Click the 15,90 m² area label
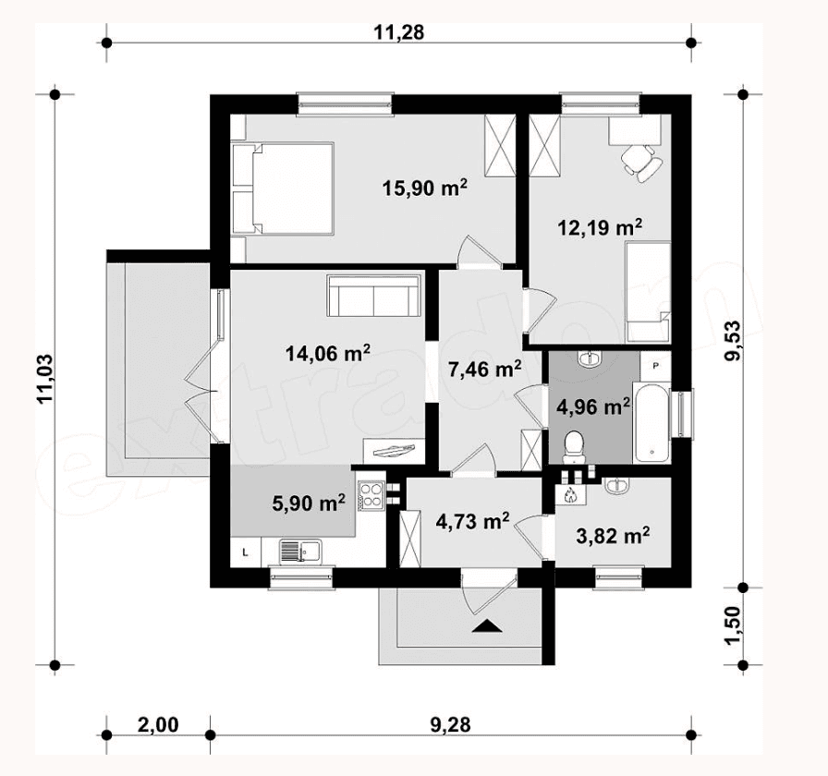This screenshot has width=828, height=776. [424, 188]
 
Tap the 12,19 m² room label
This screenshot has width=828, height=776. [600, 227]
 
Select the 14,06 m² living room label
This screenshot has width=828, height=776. [327, 353]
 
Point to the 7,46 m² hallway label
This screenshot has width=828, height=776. [485, 369]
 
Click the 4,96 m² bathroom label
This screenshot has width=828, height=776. [593, 406]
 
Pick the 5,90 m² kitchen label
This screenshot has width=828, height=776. [309, 503]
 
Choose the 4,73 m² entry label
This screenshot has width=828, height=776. [472, 521]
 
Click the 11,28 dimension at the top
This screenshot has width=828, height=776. [398, 32]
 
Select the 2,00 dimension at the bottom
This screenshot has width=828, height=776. [158, 724]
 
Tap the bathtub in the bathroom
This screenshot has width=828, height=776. [651, 422]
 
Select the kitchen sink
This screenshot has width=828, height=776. [300, 552]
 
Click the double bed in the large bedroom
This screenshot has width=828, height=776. [283, 188]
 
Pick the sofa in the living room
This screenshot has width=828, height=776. [374, 295]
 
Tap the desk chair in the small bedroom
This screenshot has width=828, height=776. [640, 161]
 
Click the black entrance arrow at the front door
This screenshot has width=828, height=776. [486, 625]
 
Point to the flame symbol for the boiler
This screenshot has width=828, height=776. [570, 494]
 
